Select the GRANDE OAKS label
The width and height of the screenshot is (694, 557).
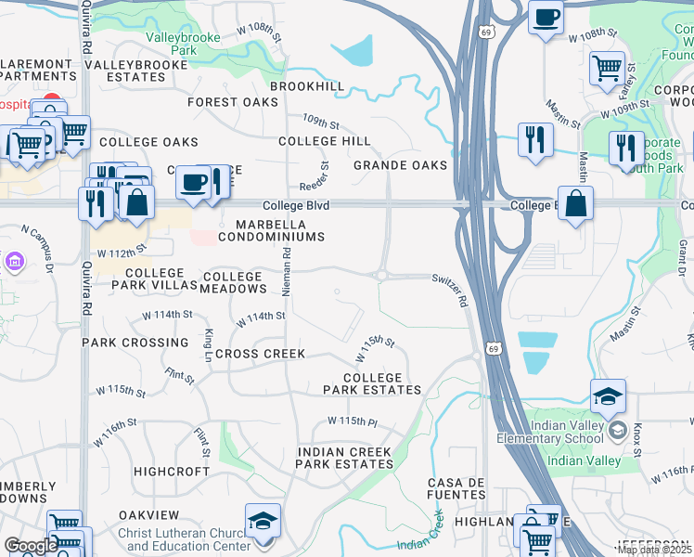click(x=400, y=165)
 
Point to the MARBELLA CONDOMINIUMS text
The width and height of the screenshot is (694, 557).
click(x=271, y=231)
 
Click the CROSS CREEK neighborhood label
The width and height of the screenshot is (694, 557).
click(x=260, y=354)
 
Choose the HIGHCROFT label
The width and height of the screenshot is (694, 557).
click(x=172, y=472)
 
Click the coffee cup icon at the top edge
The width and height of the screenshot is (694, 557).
click(x=546, y=16)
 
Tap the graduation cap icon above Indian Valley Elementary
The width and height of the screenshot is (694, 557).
click(x=608, y=396)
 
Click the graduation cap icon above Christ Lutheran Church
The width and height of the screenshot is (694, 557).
click(x=262, y=521)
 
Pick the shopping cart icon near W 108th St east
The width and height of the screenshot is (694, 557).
click(x=606, y=67)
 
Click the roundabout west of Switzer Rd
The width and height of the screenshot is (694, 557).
click(x=380, y=275)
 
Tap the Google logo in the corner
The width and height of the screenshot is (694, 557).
click(x=31, y=546)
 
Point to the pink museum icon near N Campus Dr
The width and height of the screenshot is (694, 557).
click(x=12, y=263)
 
